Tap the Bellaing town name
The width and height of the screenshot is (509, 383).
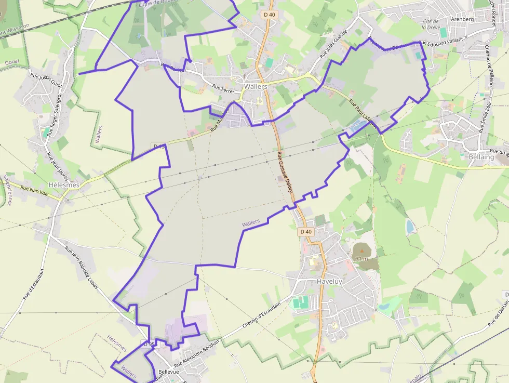[481, 156]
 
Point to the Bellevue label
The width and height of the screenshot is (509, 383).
[168, 372]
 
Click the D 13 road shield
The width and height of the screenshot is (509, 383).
[159, 147]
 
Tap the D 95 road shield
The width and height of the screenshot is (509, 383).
[150, 344]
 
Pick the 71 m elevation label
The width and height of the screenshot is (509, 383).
[361, 258]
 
